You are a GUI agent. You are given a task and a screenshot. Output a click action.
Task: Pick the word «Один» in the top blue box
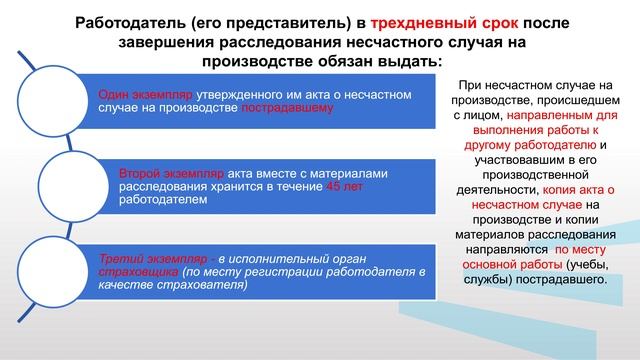[x=113, y=94]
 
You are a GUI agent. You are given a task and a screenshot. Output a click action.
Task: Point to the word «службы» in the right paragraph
[x=482, y=279]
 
